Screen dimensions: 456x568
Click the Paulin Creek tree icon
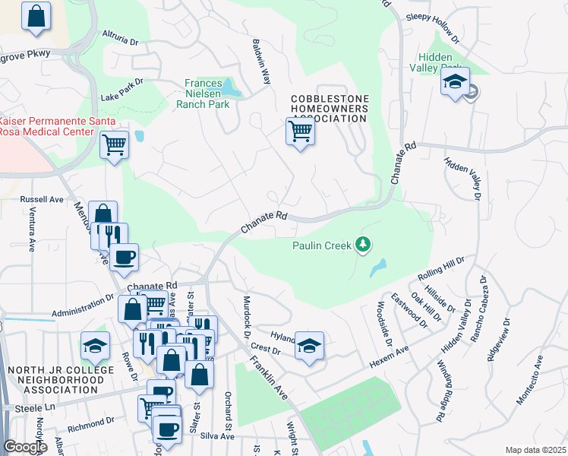pos(364,244)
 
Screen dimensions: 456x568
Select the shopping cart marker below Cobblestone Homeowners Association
pos(300,131)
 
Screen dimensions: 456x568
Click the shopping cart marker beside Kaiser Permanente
pos(114,144)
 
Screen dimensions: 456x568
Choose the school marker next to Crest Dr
pos(309,346)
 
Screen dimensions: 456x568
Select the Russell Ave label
pos(42,200)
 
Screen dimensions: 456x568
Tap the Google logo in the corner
pos(26,447)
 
